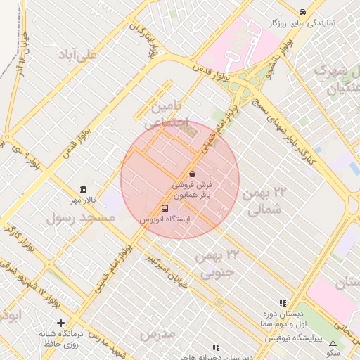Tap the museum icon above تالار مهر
click(x=84, y=190)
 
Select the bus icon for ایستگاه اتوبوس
click(x=165, y=209)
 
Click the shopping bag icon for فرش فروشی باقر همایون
click(x=192, y=174)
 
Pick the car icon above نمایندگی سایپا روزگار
click(x=302, y=12)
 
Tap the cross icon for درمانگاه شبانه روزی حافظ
click(x=61, y=323)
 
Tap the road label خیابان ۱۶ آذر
click(x=23, y=56)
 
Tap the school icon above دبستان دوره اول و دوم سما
click(x=283, y=304)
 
